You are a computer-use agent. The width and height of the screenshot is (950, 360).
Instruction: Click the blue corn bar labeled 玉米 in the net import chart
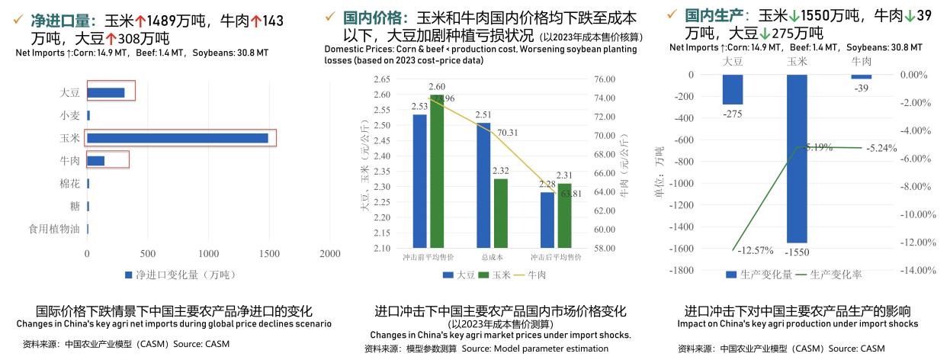click(x=177, y=138)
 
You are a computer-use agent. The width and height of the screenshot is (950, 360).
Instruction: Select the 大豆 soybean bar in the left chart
click(x=106, y=92)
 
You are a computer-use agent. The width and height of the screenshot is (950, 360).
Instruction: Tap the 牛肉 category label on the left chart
click(x=69, y=161)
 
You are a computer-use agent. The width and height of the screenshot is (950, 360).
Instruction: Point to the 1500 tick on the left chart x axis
click(x=268, y=253)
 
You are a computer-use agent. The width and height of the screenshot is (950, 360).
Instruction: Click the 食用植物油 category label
click(x=53, y=229)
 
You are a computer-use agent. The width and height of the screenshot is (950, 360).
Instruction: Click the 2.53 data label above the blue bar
click(x=419, y=107)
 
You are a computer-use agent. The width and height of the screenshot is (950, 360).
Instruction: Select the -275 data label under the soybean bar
click(x=733, y=113)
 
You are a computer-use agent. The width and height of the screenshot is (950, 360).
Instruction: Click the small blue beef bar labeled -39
click(x=861, y=77)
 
